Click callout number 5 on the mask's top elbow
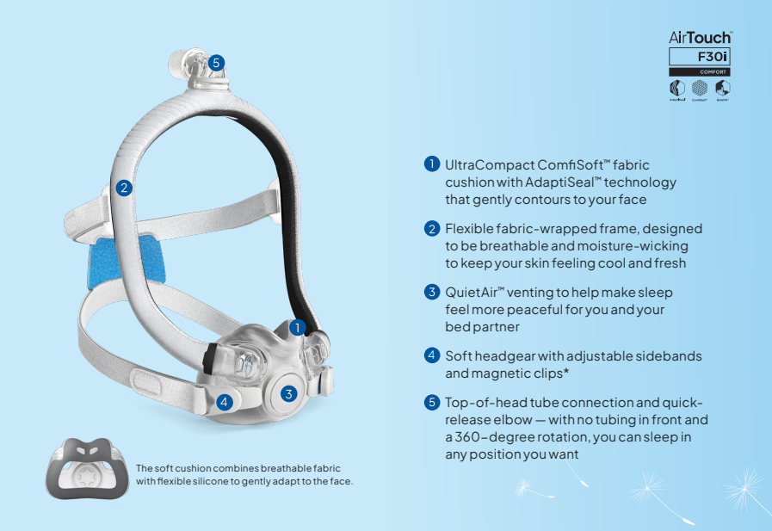[216, 62]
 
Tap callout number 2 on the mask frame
[125, 187]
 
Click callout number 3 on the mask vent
[289, 394]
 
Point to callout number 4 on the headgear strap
[224, 401]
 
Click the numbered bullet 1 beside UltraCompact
[431, 163]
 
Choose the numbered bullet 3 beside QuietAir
[431, 291]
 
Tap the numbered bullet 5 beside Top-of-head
[431, 402]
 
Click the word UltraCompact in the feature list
[485, 164]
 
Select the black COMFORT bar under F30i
[700, 72]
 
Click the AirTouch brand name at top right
[700, 38]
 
